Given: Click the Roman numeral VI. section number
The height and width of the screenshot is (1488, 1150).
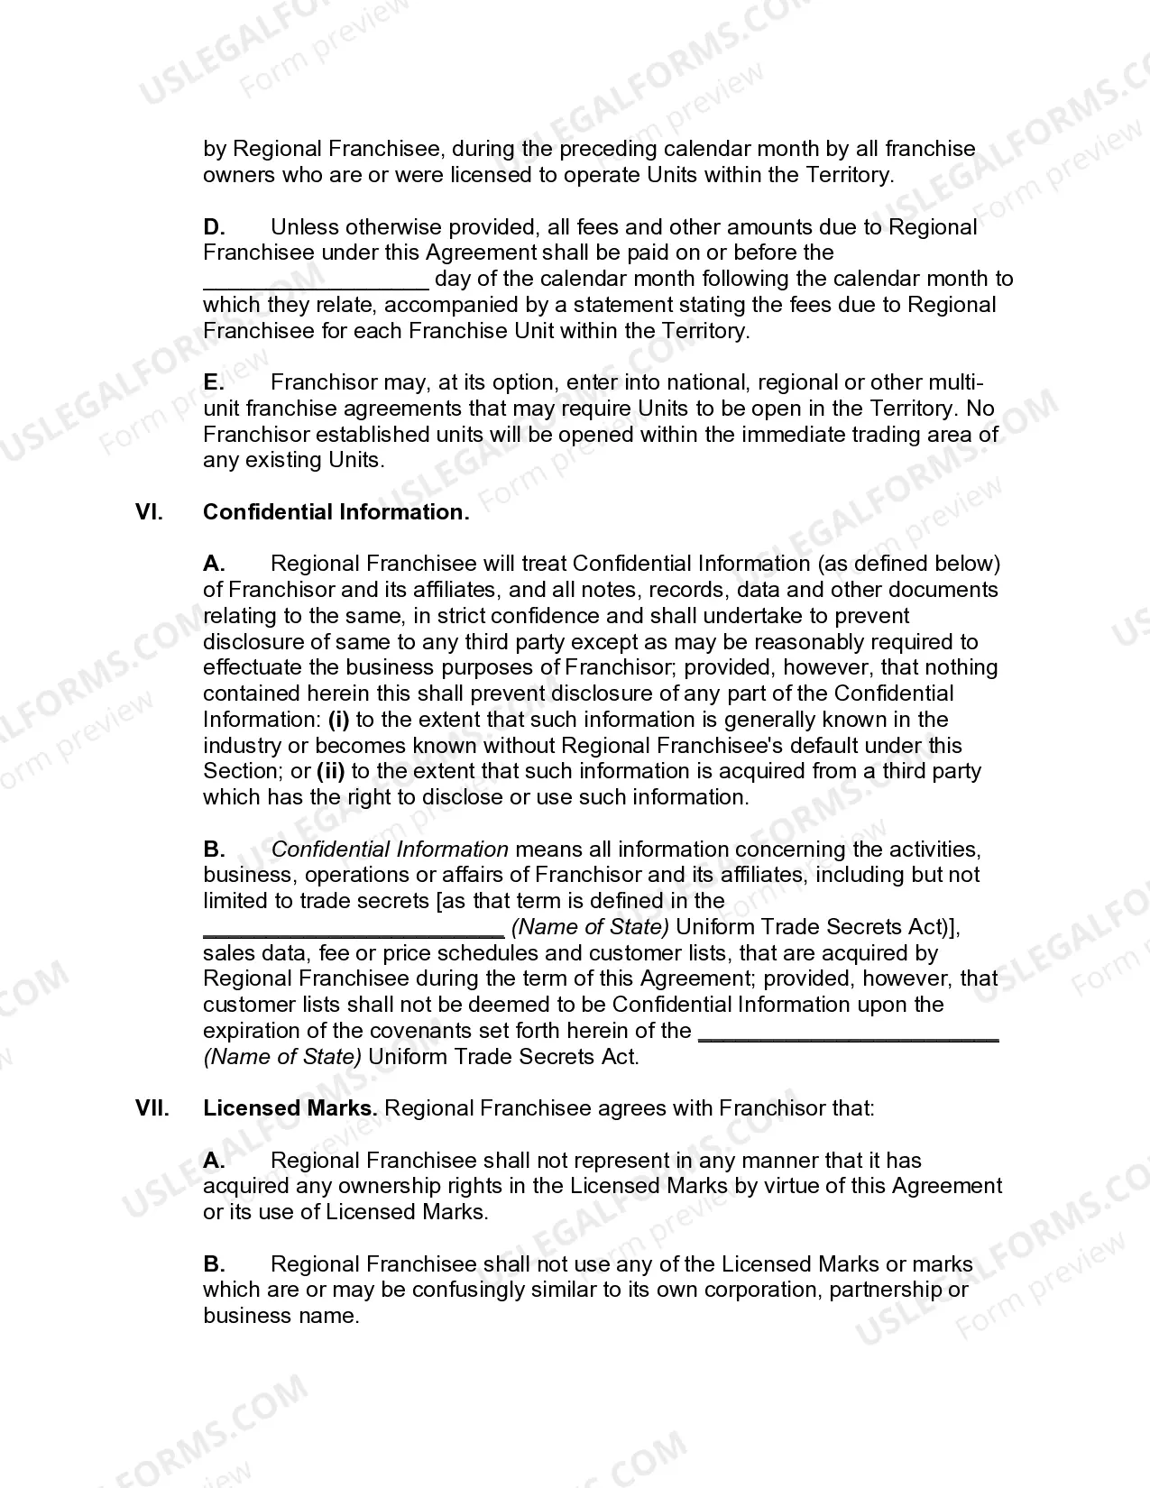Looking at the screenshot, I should (149, 512).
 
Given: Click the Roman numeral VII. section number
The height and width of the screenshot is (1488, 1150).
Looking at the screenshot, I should (152, 1108).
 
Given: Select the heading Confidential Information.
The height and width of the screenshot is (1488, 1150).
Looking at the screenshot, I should (336, 512).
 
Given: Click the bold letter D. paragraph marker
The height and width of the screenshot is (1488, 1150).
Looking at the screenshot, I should (214, 227).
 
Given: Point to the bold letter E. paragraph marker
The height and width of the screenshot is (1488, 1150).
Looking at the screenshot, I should (213, 382).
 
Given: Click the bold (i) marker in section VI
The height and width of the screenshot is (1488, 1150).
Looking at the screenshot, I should (338, 720).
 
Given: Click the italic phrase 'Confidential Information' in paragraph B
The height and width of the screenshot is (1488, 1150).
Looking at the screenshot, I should (390, 850).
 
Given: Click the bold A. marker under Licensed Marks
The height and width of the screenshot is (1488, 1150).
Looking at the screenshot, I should (214, 1161).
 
